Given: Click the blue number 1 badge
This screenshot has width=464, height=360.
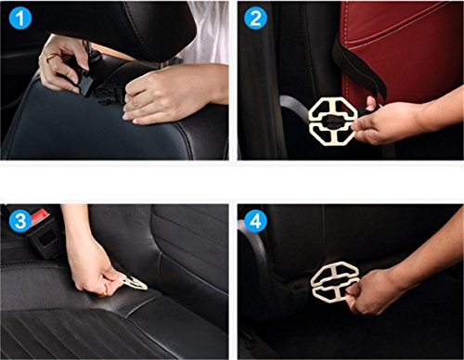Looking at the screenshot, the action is pyautogui.click(x=20, y=18).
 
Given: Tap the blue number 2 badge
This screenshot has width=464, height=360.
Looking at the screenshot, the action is pyautogui.click(x=255, y=18).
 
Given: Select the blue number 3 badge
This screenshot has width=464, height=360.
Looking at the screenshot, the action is pyautogui.click(x=20, y=221).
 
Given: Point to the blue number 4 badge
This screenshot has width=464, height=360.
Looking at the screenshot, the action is pyautogui.click(x=255, y=221).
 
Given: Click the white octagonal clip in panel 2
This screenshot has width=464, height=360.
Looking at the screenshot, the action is pyautogui.click(x=333, y=122).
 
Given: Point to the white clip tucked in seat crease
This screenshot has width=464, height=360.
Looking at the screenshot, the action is pyautogui.click(x=135, y=283).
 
